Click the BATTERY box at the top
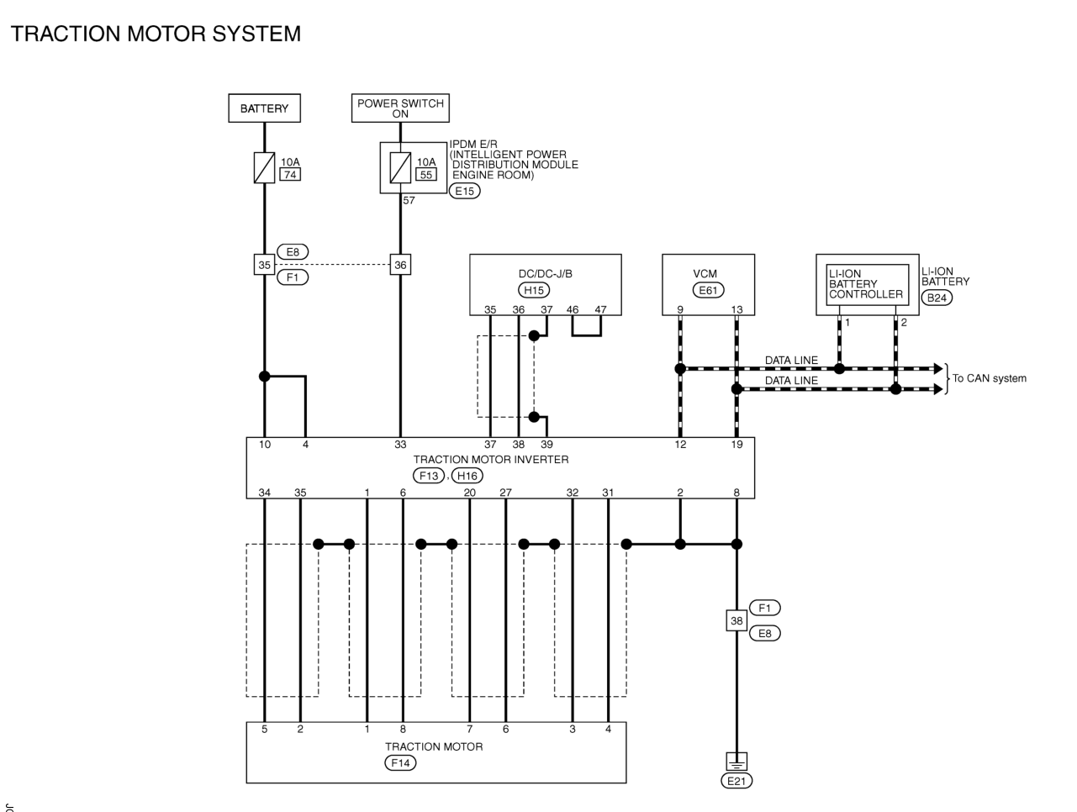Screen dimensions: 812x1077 pyautogui.click(x=264, y=108)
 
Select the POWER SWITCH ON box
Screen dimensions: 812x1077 pyautogui.click(x=400, y=108)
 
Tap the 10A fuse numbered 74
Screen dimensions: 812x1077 pyautogui.click(x=264, y=168)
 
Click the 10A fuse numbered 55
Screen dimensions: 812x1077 pyautogui.click(x=400, y=168)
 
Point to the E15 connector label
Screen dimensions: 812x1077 pyautogui.click(x=464, y=191)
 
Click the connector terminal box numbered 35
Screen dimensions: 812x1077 pyautogui.click(x=264, y=265)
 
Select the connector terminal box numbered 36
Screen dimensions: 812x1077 pyautogui.click(x=400, y=265)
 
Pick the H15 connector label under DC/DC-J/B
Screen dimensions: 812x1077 pyautogui.click(x=534, y=290)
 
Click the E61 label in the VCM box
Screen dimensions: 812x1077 pyautogui.click(x=708, y=290)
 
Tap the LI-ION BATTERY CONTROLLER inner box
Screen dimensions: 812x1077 pyautogui.click(x=866, y=285)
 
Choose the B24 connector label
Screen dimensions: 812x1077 pyautogui.click(x=937, y=298)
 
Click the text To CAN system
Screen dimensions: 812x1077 pyautogui.click(x=989, y=378)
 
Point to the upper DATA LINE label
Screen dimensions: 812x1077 pyautogui.click(x=791, y=361)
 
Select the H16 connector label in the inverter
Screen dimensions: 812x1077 pyautogui.click(x=467, y=476)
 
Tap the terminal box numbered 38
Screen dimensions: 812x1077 pyautogui.click(x=736, y=620)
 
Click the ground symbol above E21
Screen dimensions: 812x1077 pyautogui.click(x=736, y=761)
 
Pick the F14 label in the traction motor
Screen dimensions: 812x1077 pyautogui.click(x=400, y=763)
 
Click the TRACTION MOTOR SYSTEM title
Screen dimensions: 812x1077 pyautogui.click(x=156, y=34)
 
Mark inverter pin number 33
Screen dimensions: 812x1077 pyautogui.click(x=400, y=445)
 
